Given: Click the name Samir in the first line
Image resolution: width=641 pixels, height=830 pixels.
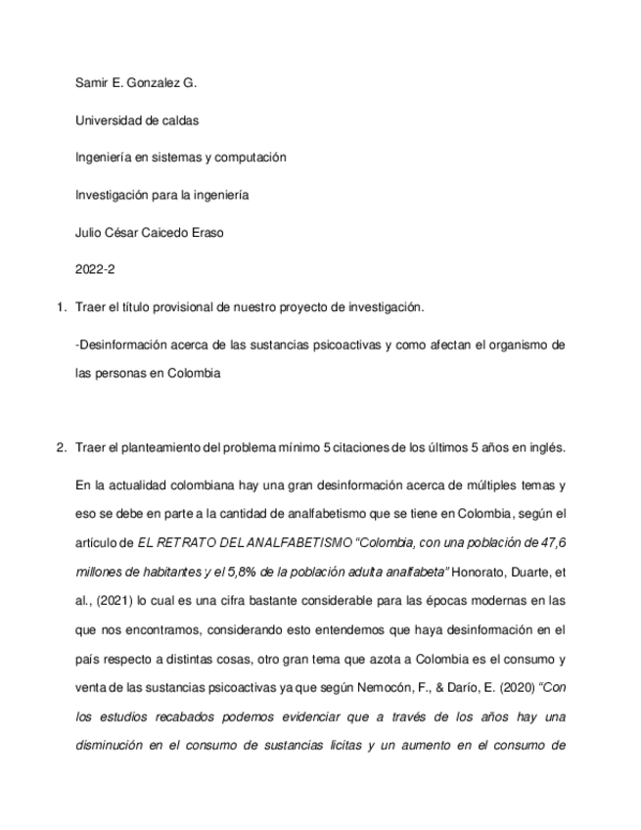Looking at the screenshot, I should pos(92,84).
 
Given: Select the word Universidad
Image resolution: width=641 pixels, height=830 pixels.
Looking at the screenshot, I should pos(108,121).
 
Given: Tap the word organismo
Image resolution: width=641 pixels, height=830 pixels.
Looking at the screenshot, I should pos(513,345).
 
